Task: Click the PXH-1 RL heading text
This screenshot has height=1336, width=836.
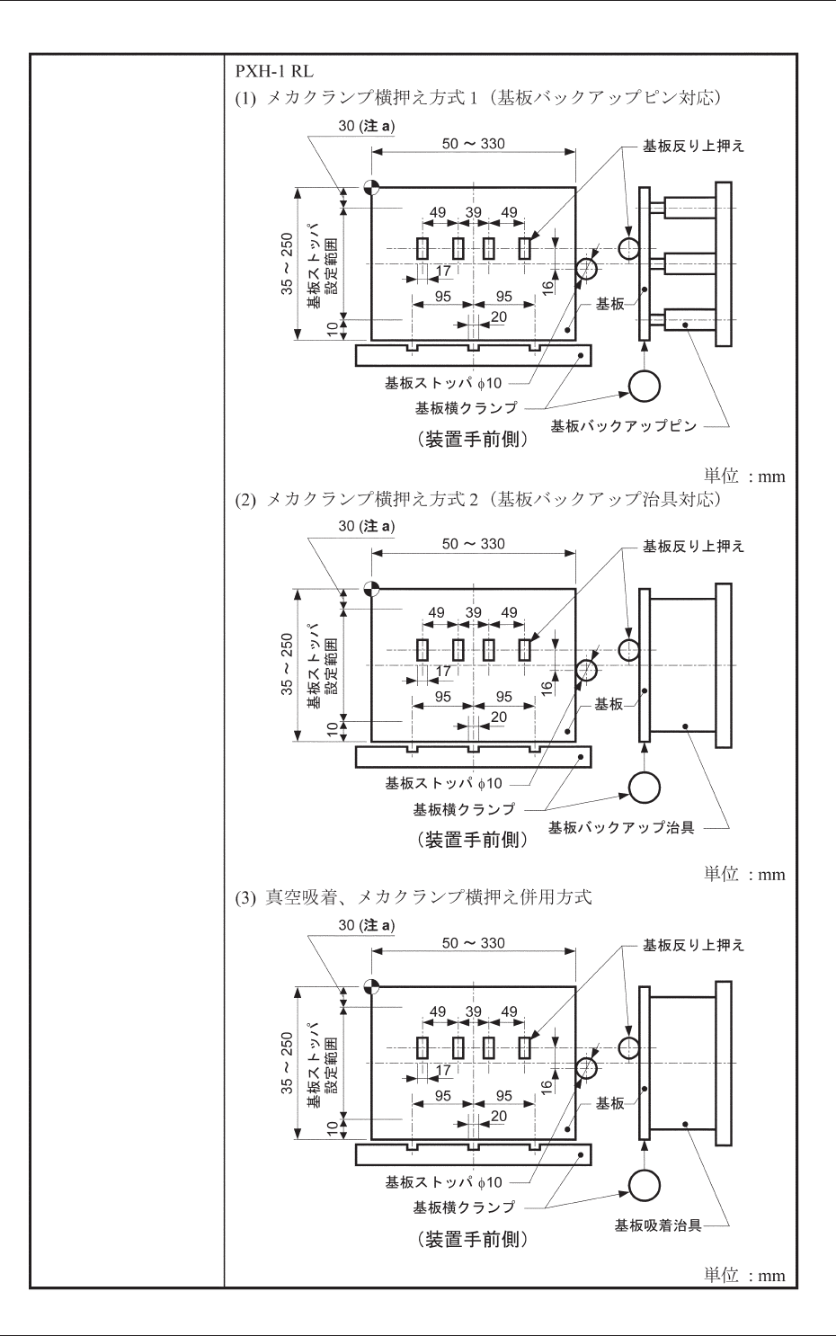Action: pyautogui.click(x=274, y=71)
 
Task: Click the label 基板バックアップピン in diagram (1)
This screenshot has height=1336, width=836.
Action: pyautogui.click(x=623, y=426)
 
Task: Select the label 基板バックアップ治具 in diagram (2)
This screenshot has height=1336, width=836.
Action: pyautogui.click(x=621, y=827)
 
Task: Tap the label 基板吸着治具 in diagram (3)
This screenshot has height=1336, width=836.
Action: pyautogui.click(x=657, y=1225)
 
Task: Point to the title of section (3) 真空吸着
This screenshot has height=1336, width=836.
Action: pyautogui.click(x=428, y=897)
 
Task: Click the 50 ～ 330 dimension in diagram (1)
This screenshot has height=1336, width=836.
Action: pyautogui.click(x=473, y=144)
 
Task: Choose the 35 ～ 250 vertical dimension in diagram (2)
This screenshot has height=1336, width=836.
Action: pyautogui.click(x=287, y=664)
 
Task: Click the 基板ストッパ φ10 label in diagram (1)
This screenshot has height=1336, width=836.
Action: pyautogui.click(x=443, y=383)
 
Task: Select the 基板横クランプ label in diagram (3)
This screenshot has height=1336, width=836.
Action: pyautogui.click(x=464, y=1207)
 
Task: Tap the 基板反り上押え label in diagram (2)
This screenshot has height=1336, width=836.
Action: pyautogui.click(x=693, y=546)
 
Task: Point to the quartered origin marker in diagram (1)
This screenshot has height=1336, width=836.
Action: pyautogui.click(x=371, y=188)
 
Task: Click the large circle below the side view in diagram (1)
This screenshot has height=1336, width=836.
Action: pyautogui.click(x=644, y=386)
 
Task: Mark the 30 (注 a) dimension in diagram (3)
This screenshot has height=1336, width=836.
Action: pyautogui.click(x=366, y=925)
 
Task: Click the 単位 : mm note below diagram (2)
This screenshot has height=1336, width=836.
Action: pyautogui.click(x=743, y=874)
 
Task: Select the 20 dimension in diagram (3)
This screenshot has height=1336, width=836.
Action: pyautogui.click(x=498, y=1116)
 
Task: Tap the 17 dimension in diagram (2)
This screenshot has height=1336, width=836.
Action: pyautogui.click(x=443, y=671)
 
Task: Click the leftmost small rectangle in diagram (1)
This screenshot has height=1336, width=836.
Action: pyautogui.click(x=422, y=248)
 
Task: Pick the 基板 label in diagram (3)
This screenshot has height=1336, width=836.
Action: pyautogui.click(x=609, y=1103)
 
